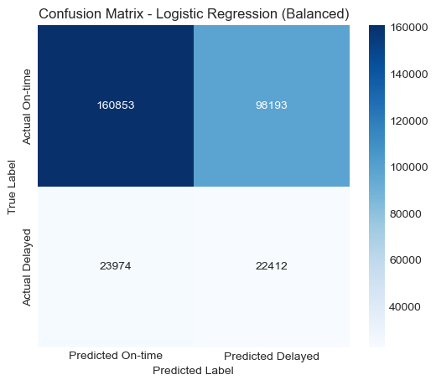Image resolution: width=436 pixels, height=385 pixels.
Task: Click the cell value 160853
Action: coord(114,106)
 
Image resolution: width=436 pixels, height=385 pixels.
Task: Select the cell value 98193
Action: coord(273,106)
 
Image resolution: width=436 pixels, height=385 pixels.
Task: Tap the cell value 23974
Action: coord(114,267)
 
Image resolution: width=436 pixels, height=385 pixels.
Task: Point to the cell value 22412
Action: coord(273,267)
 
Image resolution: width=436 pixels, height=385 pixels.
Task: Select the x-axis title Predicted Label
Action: coord(194,368)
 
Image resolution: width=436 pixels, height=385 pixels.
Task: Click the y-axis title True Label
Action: coord(13,187)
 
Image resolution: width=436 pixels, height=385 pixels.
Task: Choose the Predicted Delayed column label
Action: coord(273,355)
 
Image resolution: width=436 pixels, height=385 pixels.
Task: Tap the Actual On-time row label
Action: coord(27,106)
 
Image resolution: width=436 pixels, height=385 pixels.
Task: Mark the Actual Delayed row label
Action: coord(27,267)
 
